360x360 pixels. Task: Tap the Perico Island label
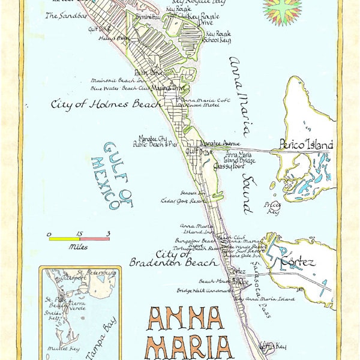(305, 145)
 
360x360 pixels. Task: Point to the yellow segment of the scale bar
(64, 239)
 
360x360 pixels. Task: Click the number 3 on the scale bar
(109, 233)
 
